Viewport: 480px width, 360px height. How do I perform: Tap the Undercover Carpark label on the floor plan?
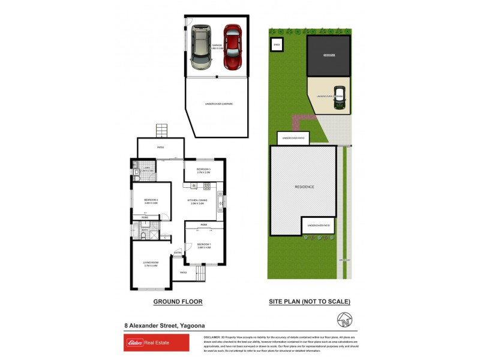coord(218,104)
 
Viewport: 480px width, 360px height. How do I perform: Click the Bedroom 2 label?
coord(151,201)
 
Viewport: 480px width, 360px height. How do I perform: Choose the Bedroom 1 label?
coord(205,245)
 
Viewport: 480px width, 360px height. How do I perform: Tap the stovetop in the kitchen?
coord(220,201)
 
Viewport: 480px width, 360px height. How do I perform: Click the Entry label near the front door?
coord(178,253)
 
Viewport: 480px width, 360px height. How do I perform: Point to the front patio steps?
coord(199,275)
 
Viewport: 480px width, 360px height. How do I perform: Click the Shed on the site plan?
coord(277,44)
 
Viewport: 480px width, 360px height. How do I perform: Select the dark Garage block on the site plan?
coord(328,56)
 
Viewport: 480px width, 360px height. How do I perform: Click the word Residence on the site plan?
coord(304,187)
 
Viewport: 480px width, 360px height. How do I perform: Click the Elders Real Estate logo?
coord(156,343)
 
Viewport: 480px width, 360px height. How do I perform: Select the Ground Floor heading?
coord(178,302)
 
